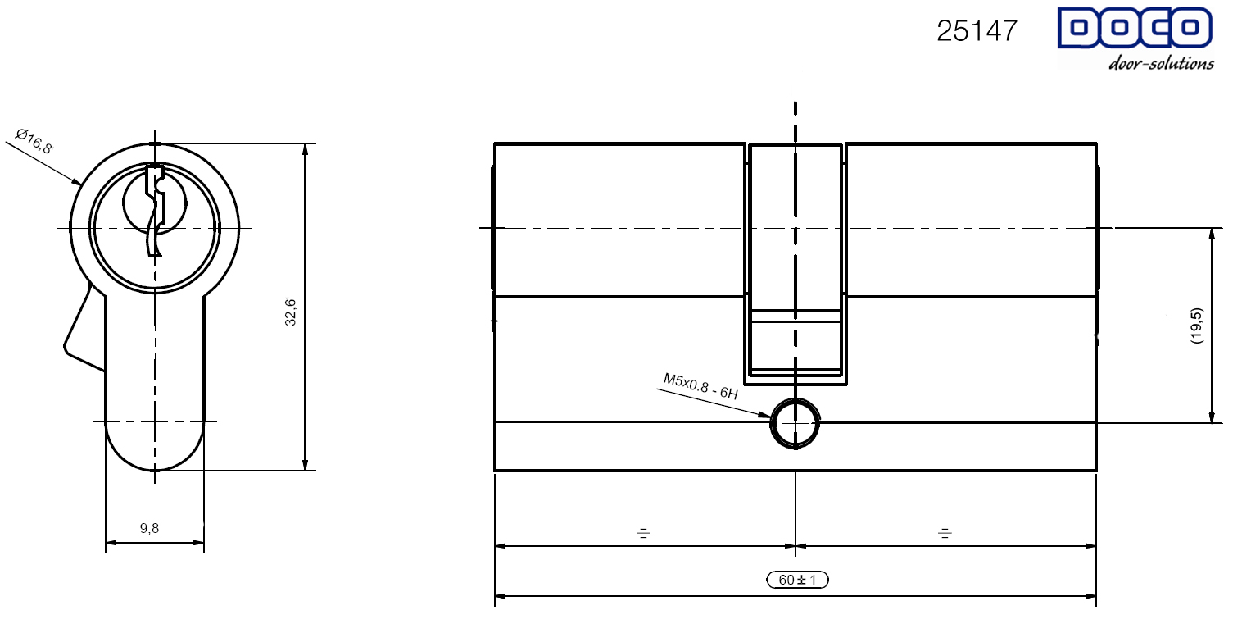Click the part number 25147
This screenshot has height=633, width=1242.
coord(977,30)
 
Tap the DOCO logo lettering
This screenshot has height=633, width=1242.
coord(1135,28)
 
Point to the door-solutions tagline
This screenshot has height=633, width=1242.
coord(1161,63)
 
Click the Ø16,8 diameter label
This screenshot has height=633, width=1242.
coord(34,141)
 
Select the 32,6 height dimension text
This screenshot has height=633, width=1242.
coord(290,312)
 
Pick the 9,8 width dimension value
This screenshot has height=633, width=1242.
coord(149,528)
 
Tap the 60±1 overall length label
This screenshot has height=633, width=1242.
coord(797,580)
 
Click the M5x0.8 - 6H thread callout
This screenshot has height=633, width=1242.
coord(700,386)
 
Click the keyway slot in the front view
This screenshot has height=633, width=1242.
coord(155,210)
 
